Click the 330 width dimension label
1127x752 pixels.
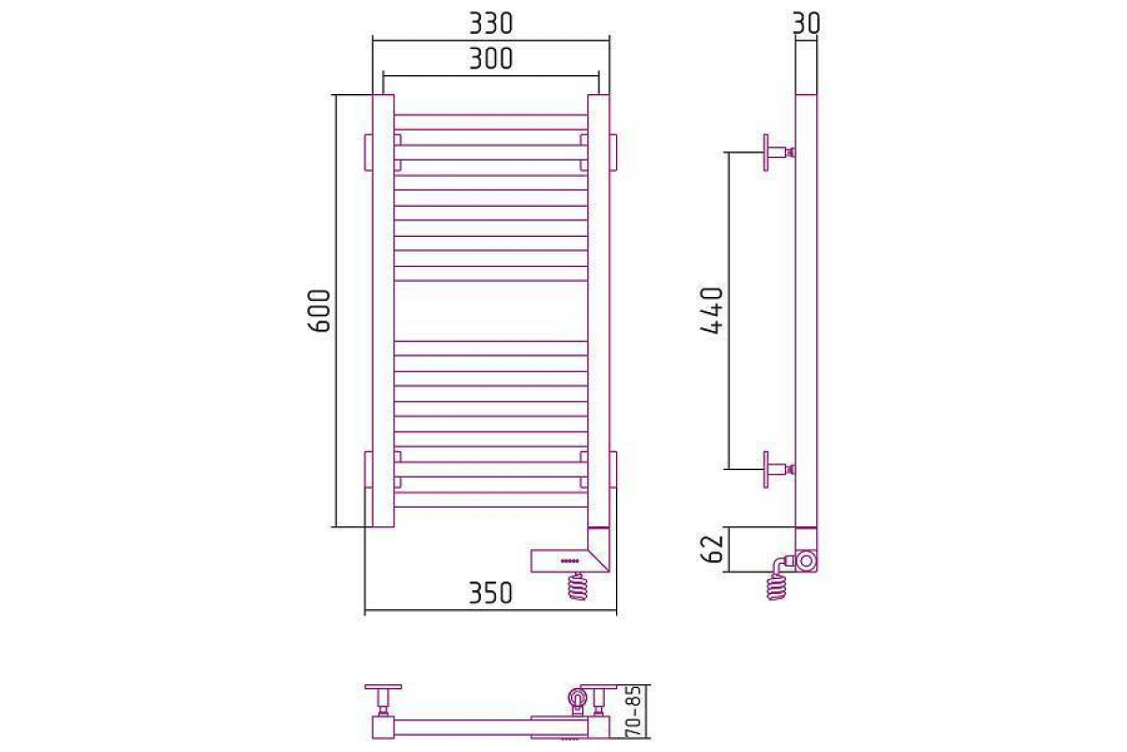pyautogui.click(x=490, y=24)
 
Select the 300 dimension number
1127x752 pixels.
pyautogui.click(x=490, y=59)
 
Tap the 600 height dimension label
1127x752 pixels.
pyautogui.click(x=319, y=311)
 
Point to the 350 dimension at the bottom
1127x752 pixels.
pyautogui.click(x=490, y=593)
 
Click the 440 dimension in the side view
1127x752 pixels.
pyautogui.click(x=712, y=311)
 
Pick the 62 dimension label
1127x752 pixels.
pyautogui.click(x=712, y=549)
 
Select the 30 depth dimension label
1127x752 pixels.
pyautogui.click(x=806, y=23)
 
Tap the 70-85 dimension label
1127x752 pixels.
pyautogui.click(x=636, y=712)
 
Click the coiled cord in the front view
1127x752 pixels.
pyautogui.click(x=578, y=587)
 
